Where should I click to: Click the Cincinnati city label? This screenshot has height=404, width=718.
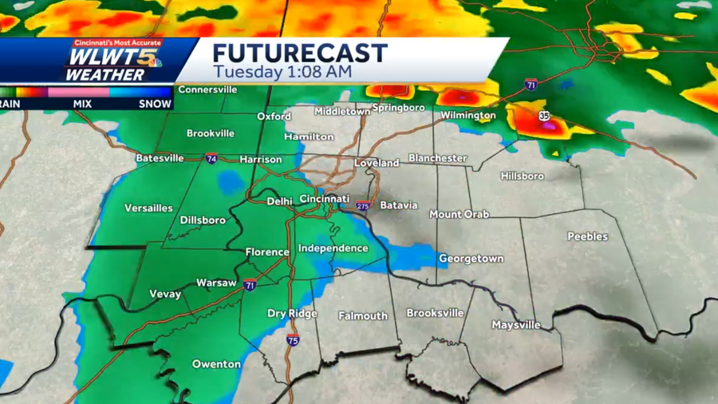point(325,199)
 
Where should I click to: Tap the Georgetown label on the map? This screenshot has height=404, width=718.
point(471,259)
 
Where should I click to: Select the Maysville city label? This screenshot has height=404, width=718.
point(515,325)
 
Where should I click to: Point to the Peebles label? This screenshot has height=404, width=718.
point(587,236)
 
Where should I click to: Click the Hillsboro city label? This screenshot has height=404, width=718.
point(522,176)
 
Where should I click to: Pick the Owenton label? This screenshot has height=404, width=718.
point(216,364)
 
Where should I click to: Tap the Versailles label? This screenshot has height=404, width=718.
point(148,208)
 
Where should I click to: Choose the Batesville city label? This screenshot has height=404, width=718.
point(160,158)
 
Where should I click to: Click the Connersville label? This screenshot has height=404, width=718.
point(207,90)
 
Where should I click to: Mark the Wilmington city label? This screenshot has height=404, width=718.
point(468,116)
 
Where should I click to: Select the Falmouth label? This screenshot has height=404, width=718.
point(363,316)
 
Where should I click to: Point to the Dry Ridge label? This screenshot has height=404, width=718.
point(292,314)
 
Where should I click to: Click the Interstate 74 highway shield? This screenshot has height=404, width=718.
point(211,158)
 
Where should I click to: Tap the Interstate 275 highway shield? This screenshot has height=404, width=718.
point(363,206)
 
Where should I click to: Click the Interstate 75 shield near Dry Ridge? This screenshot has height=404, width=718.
point(293,341)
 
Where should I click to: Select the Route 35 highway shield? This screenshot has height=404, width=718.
point(543,116)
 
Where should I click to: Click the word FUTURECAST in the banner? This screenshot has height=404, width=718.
point(299,54)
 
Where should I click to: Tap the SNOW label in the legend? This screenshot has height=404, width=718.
point(156,104)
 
